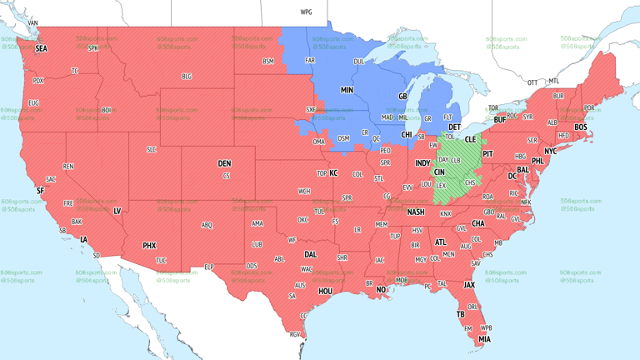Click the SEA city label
(x=41, y=49)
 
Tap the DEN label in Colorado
(x=224, y=163)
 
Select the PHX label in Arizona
(x=149, y=246)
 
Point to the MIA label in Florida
(x=484, y=340)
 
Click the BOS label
(x=580, y=127)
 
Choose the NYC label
(x=550, y=152)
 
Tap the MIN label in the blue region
(x=347, y=89)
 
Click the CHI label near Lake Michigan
(x=407, y=134)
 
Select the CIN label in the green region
(x=439, y=172)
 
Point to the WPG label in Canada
(x=306, y=12)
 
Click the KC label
(x=333, y=173)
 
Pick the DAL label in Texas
(x=310, y=255)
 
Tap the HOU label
(x=326, y=292)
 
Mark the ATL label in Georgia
(x=440, y=242)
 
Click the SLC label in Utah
(x=151, y=149)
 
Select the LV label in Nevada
(x=117, y=212)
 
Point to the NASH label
(x=415, y=212)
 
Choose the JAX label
(x=469, y=285)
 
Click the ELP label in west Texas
(x=209, y=267)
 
